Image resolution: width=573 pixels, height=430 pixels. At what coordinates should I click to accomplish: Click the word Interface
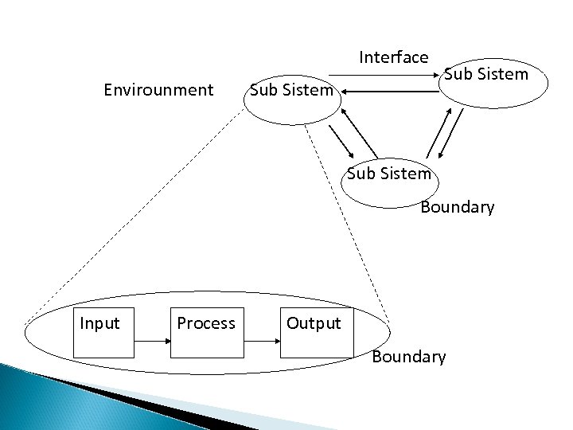394,57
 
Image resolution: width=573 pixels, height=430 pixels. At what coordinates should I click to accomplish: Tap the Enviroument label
159,90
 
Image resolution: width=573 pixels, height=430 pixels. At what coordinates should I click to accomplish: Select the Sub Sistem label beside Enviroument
291,90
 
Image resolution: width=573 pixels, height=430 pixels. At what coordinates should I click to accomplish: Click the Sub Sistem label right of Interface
485,75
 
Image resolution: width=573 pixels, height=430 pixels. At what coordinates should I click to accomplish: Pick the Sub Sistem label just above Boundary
389,173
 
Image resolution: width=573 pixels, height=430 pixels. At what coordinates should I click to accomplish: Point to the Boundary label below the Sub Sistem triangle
457,207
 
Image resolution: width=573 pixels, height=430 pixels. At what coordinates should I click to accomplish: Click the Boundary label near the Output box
408,357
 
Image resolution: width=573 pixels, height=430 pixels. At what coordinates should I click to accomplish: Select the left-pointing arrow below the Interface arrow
389,92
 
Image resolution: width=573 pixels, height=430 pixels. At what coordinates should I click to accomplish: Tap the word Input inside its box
99,323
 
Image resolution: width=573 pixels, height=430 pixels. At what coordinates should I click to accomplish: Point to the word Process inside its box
205,323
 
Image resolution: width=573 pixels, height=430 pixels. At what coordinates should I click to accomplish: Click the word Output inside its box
314,324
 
